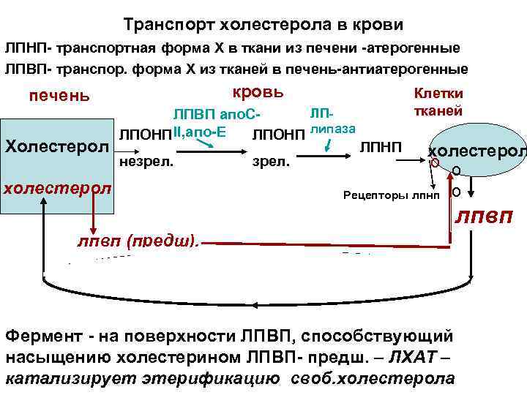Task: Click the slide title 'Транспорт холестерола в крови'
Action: click(263, 25)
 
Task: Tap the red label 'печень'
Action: click(59, 96)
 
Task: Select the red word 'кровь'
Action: click(257, 93)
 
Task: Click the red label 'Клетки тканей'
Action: click(438, 103)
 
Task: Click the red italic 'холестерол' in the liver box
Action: click(58, 187)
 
